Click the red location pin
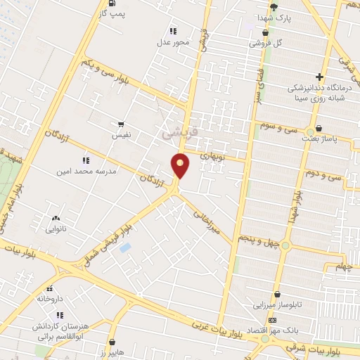[x=181, y=165]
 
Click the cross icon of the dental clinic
[x=320, y=77]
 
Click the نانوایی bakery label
[x=56, y=229]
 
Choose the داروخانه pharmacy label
[x=50, y=298]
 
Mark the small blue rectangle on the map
[x=125, y=247]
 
